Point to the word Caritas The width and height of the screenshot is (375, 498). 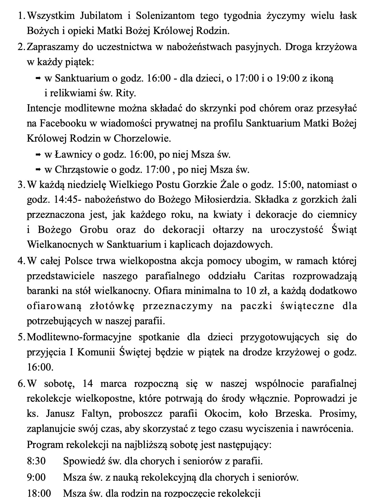[269, 276]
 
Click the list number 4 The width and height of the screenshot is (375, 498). [20, 261]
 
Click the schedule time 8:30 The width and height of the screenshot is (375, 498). [36, 461]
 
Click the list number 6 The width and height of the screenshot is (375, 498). [20, 384]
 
